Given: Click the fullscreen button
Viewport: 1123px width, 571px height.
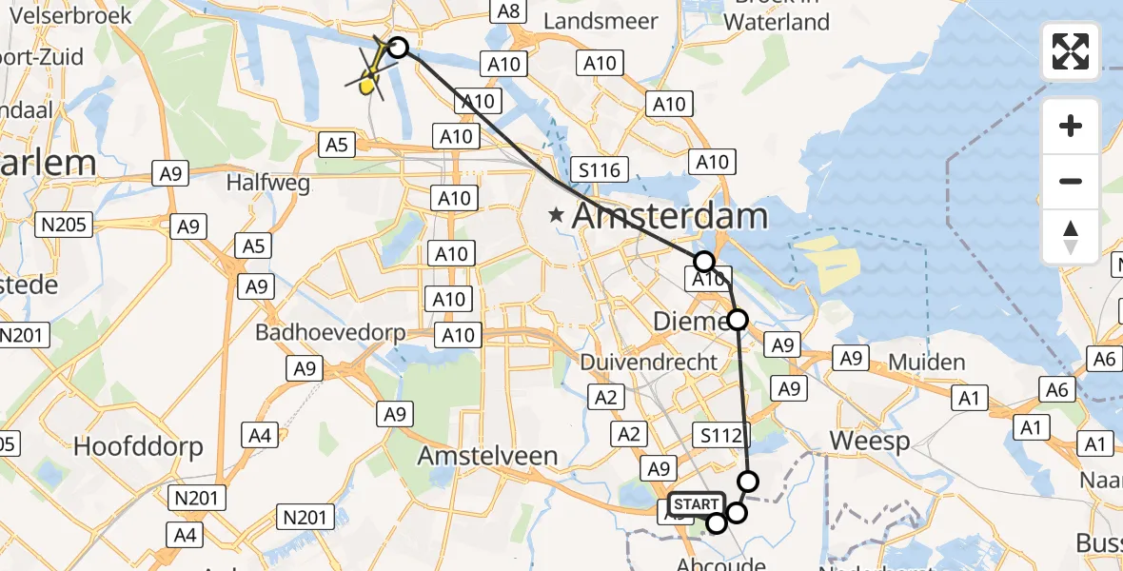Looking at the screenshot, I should [1071, 51].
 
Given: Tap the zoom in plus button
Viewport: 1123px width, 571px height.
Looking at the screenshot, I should [1071, 126].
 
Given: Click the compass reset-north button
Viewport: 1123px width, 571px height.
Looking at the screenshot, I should [1071, 237].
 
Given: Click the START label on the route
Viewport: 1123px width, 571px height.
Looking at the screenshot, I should [697, 503].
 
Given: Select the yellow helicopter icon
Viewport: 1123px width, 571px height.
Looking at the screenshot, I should [370, 75].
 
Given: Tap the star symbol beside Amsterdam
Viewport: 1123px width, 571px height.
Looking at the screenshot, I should [556, 217].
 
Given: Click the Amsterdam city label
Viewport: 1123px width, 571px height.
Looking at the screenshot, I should [670, 216].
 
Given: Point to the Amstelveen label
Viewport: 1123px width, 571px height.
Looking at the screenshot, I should [487, 456].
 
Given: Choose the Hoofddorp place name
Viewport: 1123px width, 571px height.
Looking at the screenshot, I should [139, 446].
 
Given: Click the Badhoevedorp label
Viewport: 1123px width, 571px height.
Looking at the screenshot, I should [330, 333].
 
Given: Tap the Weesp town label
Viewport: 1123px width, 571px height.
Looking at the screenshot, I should [870, 441].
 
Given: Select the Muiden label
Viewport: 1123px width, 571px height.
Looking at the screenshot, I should [927, 362].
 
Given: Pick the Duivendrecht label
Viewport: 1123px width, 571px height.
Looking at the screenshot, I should [648, 362].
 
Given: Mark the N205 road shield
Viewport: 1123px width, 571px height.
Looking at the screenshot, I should [62, 226].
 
